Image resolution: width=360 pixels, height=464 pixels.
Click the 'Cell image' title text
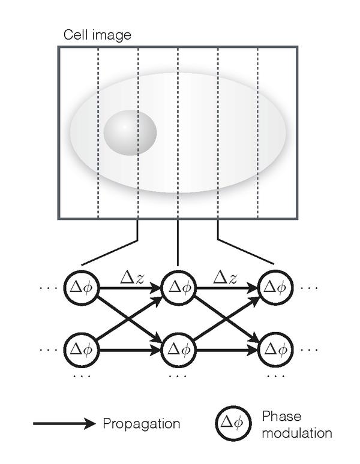(97, 35)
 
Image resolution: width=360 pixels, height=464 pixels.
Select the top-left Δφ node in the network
(80, 288)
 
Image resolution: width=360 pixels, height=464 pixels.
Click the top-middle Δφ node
(179, 288)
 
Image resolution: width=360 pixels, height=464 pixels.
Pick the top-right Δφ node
(275, 288)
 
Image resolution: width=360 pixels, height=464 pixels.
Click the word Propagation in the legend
(142, 424)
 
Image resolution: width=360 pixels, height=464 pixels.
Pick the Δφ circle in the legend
(231, 424)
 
